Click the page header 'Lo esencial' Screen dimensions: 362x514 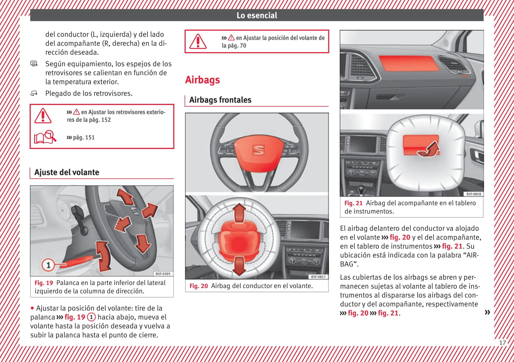point(257,15)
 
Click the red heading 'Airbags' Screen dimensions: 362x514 point(202,80)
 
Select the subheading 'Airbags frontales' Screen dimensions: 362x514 point(220,100)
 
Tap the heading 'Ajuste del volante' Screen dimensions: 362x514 point(66,172)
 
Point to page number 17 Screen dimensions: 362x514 point(502,342)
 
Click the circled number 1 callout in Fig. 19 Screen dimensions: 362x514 point(48,265)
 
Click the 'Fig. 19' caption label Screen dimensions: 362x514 point(44,283)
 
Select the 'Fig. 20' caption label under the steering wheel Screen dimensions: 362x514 point(198,286)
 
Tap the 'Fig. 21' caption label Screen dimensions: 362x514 point(353,203)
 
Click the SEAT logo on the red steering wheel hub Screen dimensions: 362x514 point(258,150)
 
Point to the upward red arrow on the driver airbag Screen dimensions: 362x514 point(239,212)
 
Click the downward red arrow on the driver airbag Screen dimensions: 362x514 point(239,265)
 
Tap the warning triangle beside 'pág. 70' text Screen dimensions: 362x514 point(198,41)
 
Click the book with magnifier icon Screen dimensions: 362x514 point(45,137)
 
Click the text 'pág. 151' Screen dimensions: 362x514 point(83,138)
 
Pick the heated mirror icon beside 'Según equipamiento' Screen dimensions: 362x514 point(34,64)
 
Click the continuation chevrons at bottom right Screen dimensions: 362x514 point(487,312)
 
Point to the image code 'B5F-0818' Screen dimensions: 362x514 point(473,194)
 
